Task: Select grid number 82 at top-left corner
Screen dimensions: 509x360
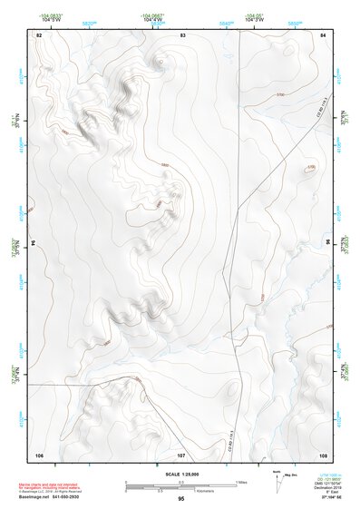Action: click(x=39, y=34)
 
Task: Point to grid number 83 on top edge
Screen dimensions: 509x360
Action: click(x=183, y=34)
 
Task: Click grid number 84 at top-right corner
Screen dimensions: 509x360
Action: click(x=323, y=34)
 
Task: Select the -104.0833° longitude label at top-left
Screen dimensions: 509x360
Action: click(x=52, y=16)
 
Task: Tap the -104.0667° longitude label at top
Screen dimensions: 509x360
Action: click(x=151, y=16)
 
